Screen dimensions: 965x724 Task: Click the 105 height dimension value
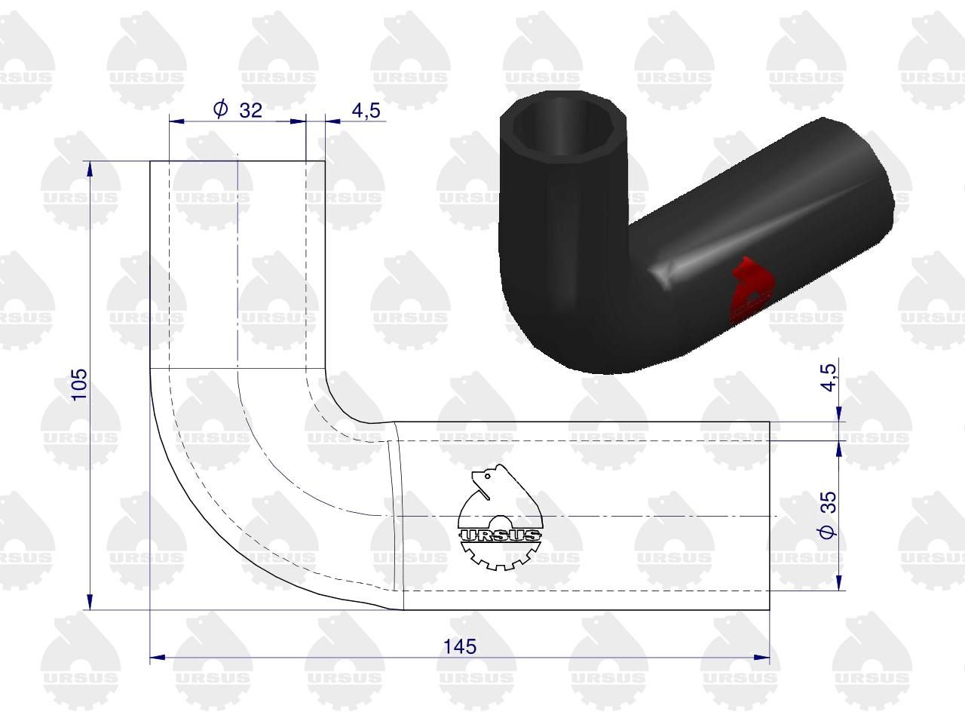point(80,384)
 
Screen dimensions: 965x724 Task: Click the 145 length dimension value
point(460,646)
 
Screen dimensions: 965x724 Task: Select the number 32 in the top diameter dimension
point(250,110)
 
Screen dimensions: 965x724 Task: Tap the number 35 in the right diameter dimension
point(829,502)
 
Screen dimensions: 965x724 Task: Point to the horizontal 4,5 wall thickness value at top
point(366,110)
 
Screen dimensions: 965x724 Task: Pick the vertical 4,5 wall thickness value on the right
point(829,377)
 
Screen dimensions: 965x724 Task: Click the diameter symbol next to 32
point(220,109)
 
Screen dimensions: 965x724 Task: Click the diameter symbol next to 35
point(828,532)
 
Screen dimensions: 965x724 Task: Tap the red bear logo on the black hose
point(751,290)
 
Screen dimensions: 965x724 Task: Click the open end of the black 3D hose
point(562,127)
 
